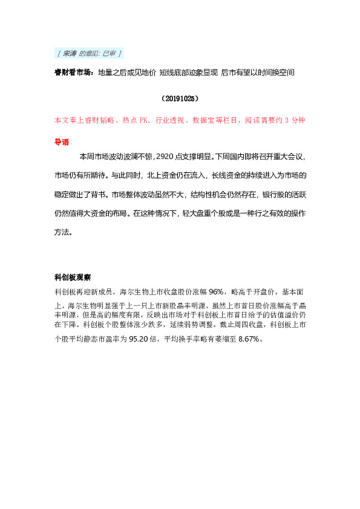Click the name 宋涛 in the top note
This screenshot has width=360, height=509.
pos(69,54)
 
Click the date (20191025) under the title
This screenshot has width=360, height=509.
pos(180,97)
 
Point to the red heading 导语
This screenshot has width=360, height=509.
pos(61,143)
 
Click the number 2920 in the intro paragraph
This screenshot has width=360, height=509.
pos(165,157)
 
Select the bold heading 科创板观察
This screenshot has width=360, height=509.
pos(73,278)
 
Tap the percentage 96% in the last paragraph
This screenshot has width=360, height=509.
pos(217,291)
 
